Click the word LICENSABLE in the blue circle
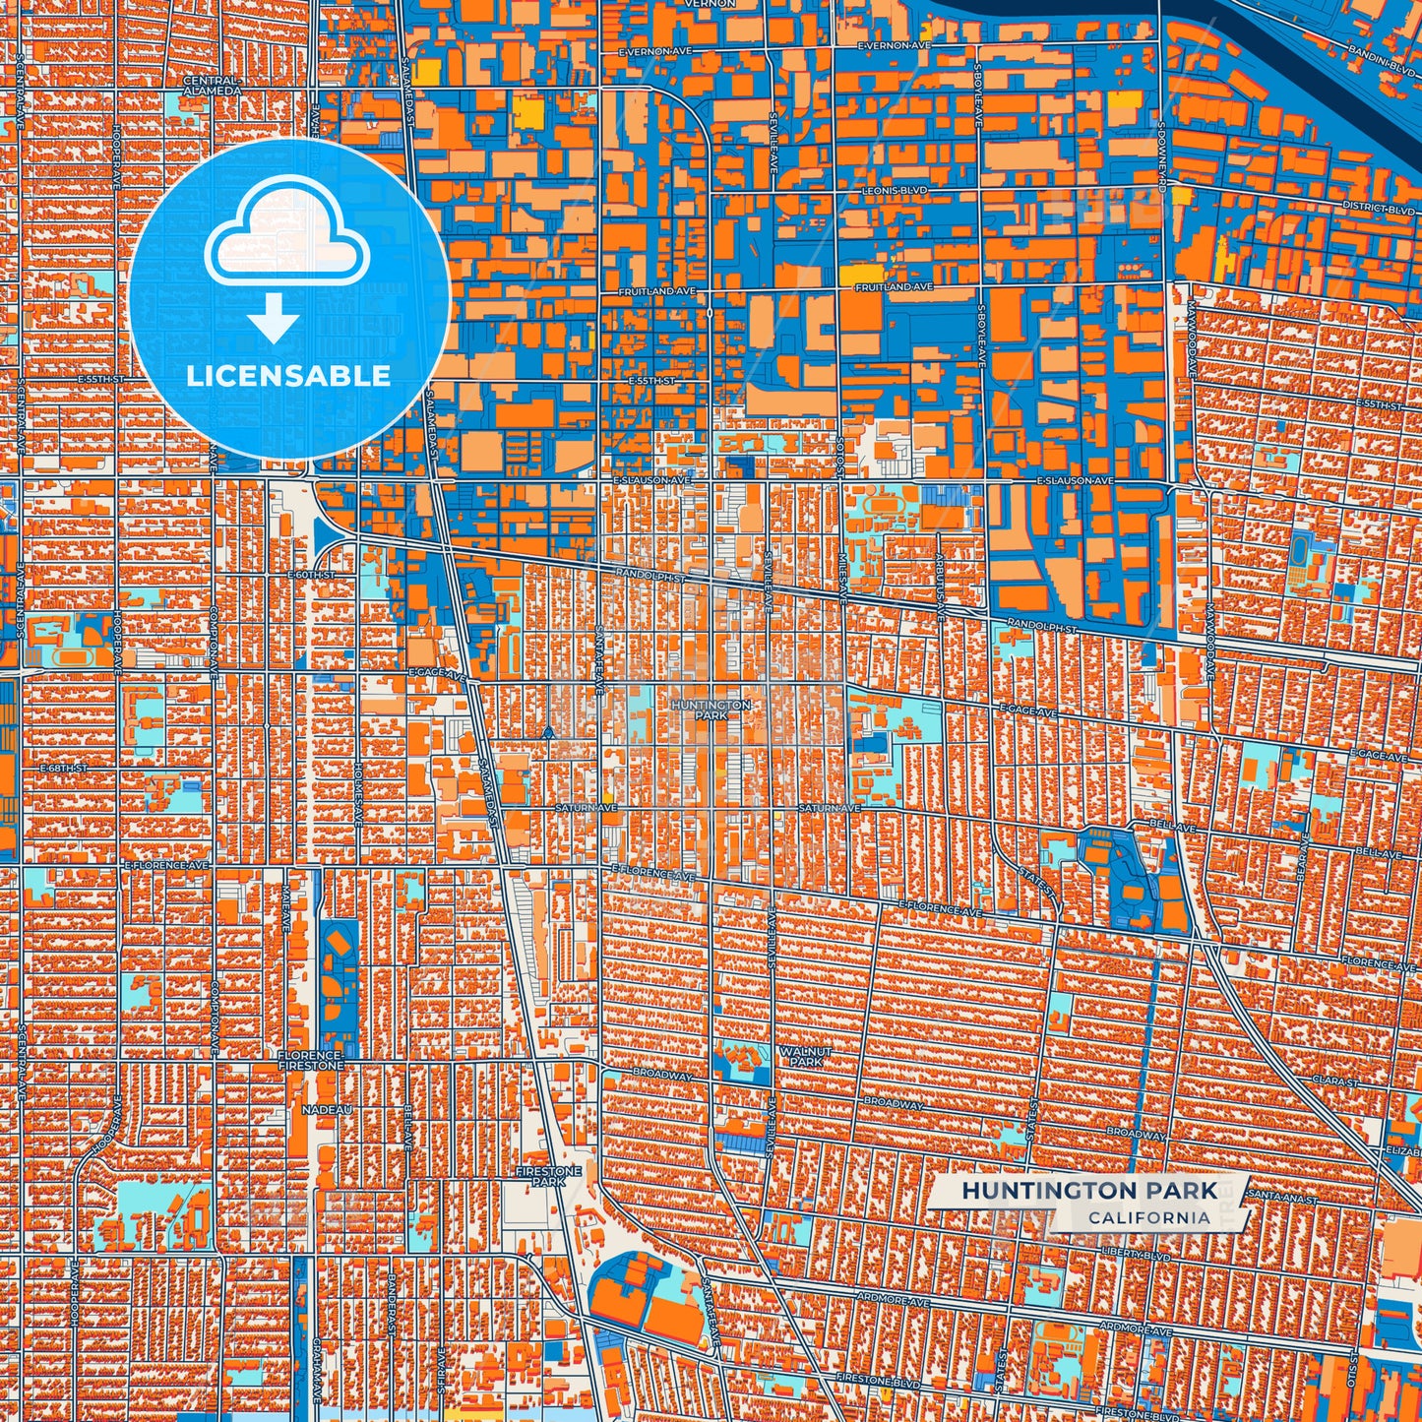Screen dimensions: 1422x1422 (288, 376)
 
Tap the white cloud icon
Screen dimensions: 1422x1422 (286, 234)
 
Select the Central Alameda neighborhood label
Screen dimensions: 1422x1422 (212, 86)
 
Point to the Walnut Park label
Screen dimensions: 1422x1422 (806, 1057)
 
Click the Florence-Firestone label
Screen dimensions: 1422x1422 (311, 1060)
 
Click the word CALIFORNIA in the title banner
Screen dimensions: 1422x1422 (1148, 1217)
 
